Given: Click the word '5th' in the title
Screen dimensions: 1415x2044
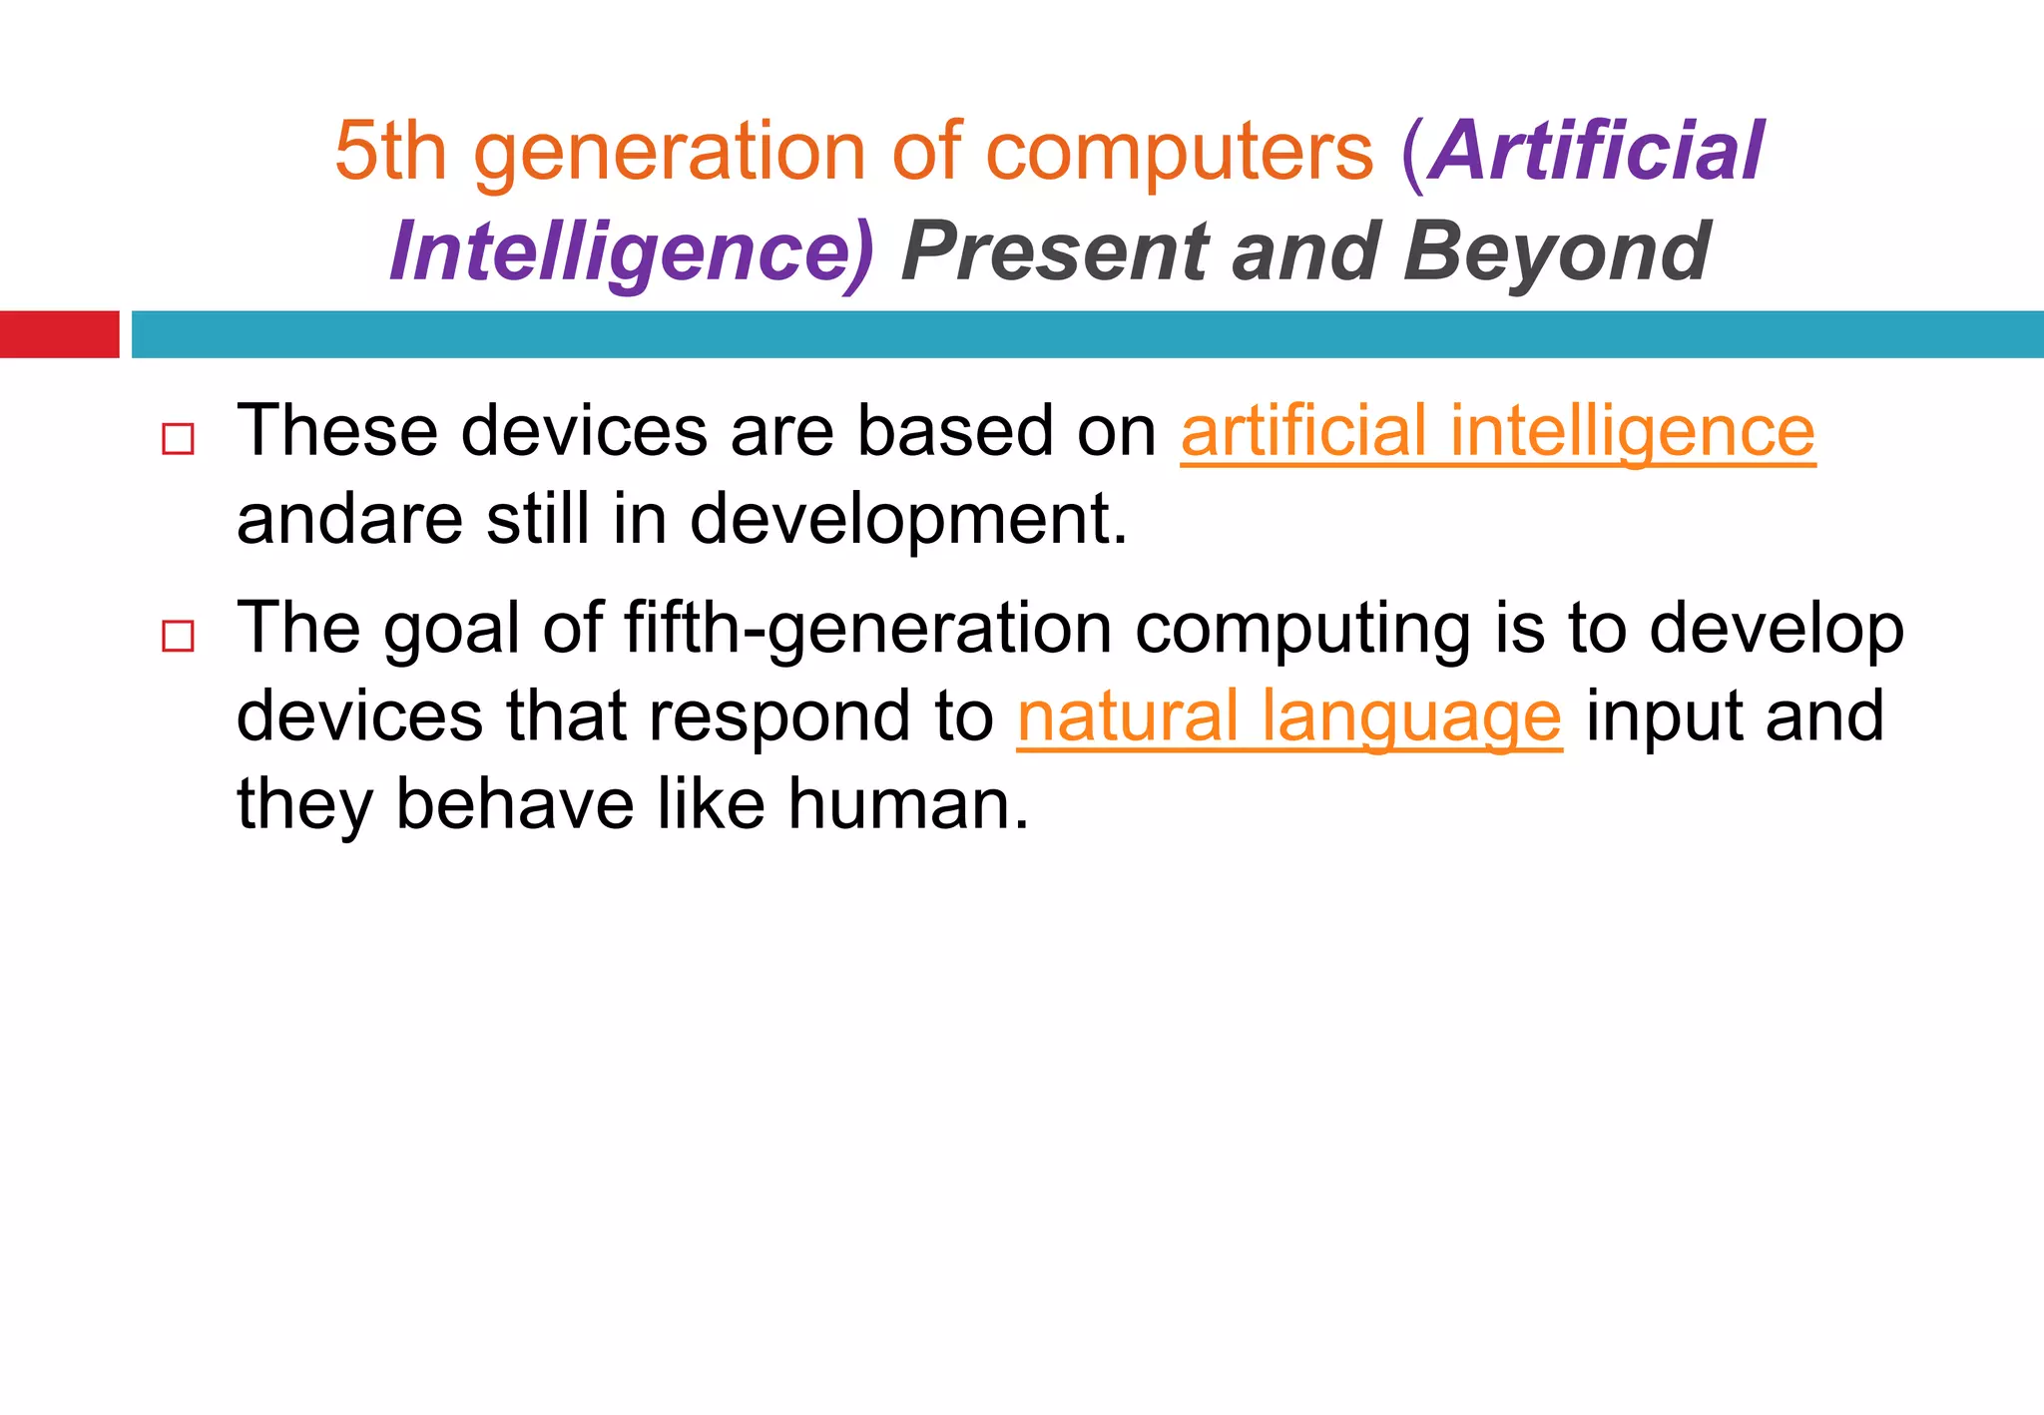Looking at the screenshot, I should [390, 152].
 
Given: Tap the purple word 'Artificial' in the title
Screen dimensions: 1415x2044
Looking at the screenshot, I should [1597, 152].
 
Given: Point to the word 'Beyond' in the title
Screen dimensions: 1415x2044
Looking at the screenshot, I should [1557, 252].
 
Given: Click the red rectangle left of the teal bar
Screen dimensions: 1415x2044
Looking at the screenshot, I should [59, 334].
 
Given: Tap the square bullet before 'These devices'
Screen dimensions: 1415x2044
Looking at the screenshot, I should [178, 439].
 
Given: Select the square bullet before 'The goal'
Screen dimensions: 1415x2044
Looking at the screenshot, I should [178, 636].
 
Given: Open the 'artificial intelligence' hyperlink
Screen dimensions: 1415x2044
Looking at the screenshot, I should [1497, 432].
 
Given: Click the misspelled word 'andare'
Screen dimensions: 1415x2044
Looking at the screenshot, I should [349, 520].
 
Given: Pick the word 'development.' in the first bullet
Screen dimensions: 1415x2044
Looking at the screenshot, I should [908, 520].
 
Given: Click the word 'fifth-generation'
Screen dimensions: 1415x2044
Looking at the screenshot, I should [867, 629].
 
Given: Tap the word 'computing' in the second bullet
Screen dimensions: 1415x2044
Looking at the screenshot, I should [1302, 629].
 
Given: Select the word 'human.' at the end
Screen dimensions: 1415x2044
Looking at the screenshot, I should [907, 804].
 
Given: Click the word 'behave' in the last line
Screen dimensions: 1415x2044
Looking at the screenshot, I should [514, 804].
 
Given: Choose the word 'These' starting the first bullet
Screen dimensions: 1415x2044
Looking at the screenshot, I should [336, 432].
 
